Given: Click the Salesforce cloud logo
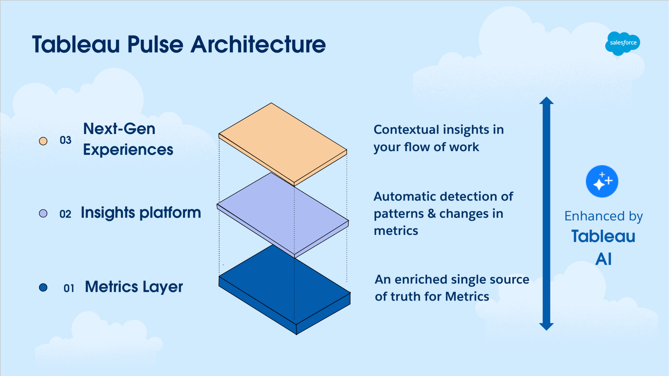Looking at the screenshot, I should point(623,43).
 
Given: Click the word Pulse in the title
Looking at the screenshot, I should point(155,44).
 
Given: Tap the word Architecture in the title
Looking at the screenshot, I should point(258,44).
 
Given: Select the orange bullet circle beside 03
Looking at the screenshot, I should point(43,141).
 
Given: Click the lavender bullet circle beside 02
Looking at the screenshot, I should point(43,214).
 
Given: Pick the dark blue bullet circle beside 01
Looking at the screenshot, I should point(43,287).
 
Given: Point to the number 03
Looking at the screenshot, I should point(66,140).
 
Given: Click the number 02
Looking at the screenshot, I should point(65,214).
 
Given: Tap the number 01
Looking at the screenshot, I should point(69,288).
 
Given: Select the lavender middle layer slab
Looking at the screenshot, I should point(283,214).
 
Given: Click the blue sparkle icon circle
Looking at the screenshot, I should point(602,181).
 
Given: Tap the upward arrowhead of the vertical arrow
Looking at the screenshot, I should point(546,101).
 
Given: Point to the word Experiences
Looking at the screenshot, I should point(128,150).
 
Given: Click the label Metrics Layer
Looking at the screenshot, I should point(134,287).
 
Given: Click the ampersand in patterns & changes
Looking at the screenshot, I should point(432,214).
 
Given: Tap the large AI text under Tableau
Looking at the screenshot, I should point(603,259).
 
